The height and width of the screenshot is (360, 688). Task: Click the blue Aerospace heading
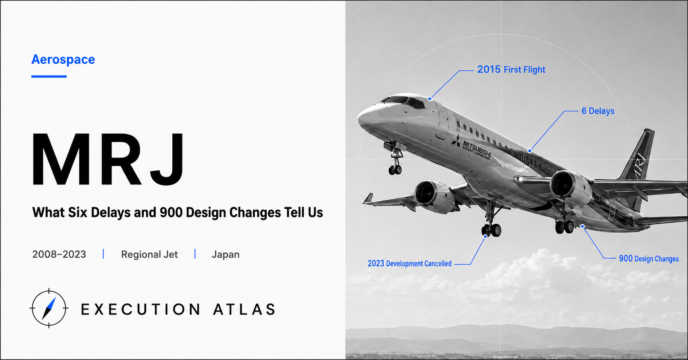click(63, 60)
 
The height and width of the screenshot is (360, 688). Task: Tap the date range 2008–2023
click(59, 254)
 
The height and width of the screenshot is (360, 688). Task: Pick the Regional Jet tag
click(149, 254)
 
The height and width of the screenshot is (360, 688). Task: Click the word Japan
click(225, 254)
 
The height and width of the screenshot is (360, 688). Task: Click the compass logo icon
click(49, 308)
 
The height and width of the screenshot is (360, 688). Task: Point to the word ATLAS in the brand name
click(244, 309)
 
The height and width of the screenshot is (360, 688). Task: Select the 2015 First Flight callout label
click(511, 69)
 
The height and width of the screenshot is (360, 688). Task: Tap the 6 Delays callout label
click(598, 111)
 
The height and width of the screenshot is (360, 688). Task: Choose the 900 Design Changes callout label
click(649, 259)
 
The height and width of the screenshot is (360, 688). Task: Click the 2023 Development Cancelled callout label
click(409, 264)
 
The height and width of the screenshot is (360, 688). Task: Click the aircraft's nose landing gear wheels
click(395, 170)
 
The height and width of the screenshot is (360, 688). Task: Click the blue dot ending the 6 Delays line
click(530, 151)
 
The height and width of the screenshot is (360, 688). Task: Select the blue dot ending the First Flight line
click(430, 98)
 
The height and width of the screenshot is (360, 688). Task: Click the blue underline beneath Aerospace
click(49, 76)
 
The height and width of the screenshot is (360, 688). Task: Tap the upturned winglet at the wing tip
click(368, 198)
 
